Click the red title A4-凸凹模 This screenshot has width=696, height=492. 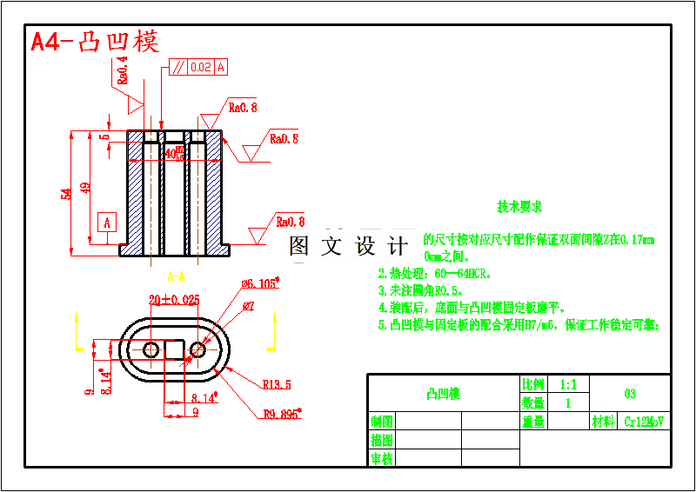coord(95,42)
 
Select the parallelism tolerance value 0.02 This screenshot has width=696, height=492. coord(200,67)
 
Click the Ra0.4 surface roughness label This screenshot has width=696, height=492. coord(122,70)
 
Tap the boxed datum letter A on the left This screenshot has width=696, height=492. coord(107,223)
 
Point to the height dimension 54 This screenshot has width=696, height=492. coord(66,194)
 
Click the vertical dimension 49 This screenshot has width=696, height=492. coord(85,188)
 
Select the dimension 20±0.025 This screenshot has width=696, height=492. coord(174,300)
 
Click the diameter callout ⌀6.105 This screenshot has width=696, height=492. coord(258,284)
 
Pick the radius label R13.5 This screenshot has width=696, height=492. coord(277,384)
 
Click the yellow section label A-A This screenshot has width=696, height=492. coord(176,277)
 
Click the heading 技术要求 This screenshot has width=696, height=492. coord(519,207)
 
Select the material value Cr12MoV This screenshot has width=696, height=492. coord(644,422)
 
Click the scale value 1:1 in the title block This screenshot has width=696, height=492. coord(568,384)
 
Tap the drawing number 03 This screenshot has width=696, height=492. coord(630,394)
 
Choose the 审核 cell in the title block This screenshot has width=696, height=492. coord(382,458)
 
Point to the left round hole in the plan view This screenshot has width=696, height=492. coord(151,349)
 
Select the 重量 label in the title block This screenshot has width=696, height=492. coord(533,422)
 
